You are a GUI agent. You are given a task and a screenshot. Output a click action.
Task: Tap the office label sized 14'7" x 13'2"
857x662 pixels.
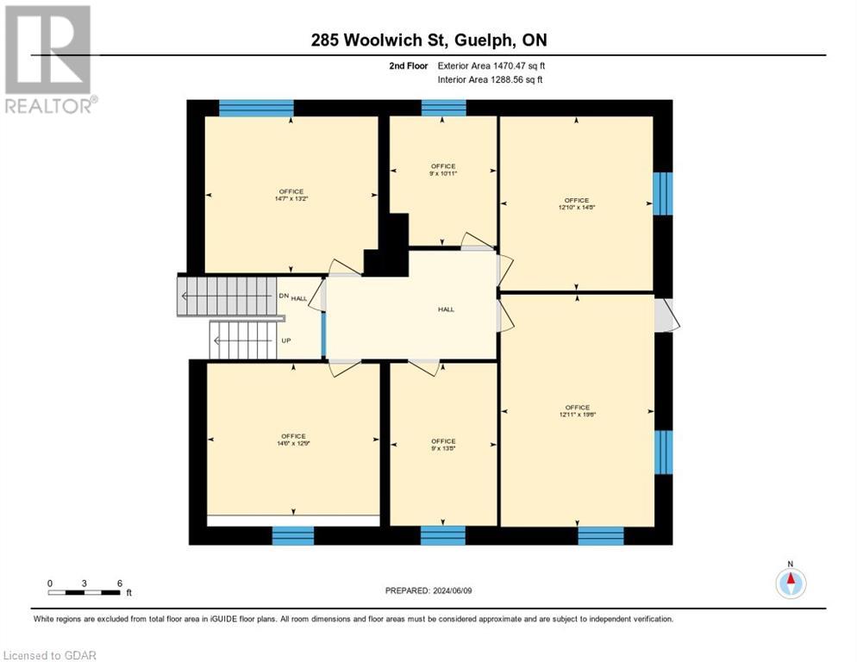tap(291, 195)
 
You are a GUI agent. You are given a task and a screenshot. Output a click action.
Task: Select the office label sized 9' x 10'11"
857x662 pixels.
tap(443, 170)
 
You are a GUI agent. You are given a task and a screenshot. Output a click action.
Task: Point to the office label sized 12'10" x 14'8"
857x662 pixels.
tap(576, 204)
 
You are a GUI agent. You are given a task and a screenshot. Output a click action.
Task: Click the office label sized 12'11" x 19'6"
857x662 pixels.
tap(577, 411)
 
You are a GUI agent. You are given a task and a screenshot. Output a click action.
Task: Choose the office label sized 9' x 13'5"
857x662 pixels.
tap(443, 445)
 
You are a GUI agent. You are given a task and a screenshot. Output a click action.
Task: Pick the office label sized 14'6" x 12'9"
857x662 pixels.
tap(292, 440)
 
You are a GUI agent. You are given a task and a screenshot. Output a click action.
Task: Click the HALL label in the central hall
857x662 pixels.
tap(446, 309)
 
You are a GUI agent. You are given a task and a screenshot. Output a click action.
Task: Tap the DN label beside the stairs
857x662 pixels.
tap(283, 296)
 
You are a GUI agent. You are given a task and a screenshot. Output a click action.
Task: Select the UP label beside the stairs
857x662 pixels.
tap(285, 340)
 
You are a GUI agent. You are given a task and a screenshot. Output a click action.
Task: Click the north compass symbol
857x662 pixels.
tap(790, 583)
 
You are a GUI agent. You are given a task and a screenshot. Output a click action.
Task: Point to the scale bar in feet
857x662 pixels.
tap(84, 591)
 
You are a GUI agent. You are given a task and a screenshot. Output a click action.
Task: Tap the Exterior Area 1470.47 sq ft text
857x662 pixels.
tap(490, 66)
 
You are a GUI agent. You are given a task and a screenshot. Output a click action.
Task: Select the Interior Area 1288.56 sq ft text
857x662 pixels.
tap(490, 79)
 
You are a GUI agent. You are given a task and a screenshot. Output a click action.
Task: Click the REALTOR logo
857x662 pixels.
tap(49, 59)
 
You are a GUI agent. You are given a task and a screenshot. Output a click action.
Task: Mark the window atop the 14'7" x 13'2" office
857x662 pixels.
tap(256, 108)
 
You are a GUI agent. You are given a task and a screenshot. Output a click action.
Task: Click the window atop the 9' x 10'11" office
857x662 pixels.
tap(443, 108)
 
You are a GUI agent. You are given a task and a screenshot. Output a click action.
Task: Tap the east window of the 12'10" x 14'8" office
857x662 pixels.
tap(662, 193)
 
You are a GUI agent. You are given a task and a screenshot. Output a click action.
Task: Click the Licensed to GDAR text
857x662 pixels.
tap(49, 655)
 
